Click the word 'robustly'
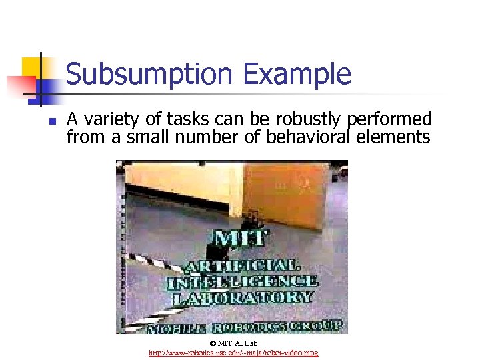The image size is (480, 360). (310, 120)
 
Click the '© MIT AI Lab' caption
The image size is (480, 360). (233, 343)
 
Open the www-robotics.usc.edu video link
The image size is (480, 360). (233, 352)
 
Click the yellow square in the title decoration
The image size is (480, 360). (32, 67)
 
